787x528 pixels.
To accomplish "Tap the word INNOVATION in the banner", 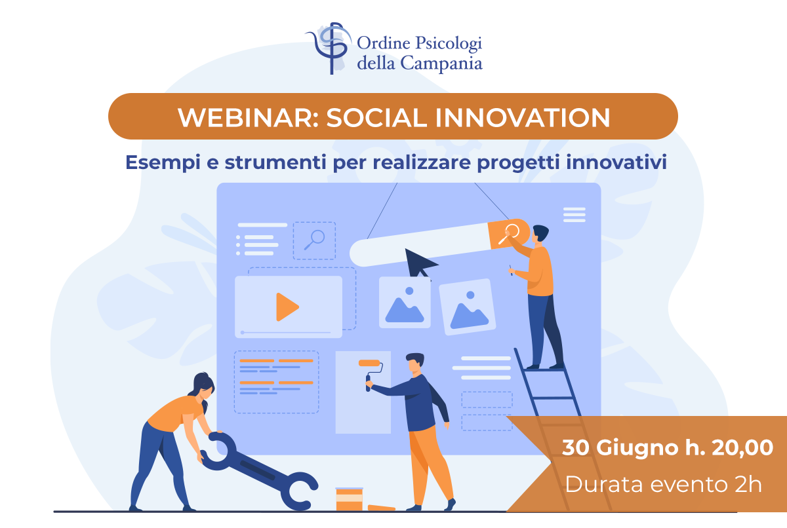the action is (x=523, y=117).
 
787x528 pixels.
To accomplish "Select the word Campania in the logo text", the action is (x=441, y=64).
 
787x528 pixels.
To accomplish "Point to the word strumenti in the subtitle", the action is (x=275, y=162).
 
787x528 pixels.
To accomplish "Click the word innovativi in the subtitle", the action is (x=616, y=162).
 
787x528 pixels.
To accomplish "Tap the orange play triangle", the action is (x=287, y=307).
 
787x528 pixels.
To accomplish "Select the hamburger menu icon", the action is (x=574, y=215).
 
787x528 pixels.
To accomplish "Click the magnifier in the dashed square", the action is (x=314, y=240).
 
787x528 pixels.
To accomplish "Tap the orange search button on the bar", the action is (x=508, y=234).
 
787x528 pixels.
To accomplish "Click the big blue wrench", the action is (x=259, y=470).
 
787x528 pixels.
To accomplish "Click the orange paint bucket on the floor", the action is (x=349, y=499).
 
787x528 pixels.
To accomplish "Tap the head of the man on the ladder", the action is (x=540, y=234).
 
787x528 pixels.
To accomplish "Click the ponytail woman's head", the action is (x=203, y=387).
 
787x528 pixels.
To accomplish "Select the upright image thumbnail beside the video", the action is (x=405, y=303).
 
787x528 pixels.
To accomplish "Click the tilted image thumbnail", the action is (x=468, y=307).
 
